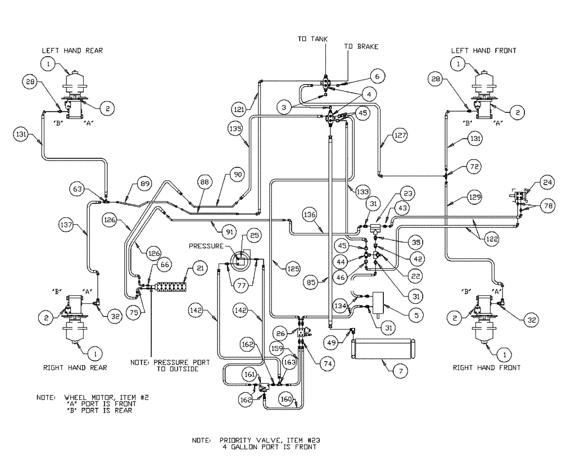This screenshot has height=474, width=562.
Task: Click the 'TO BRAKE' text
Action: [361, 47]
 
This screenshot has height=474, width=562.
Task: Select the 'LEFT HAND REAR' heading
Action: [72, 51]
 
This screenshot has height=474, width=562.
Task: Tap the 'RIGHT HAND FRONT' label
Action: [487, 367]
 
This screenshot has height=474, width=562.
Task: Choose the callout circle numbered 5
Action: [415, 316]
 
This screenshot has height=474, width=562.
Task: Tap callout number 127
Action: [400, 135]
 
